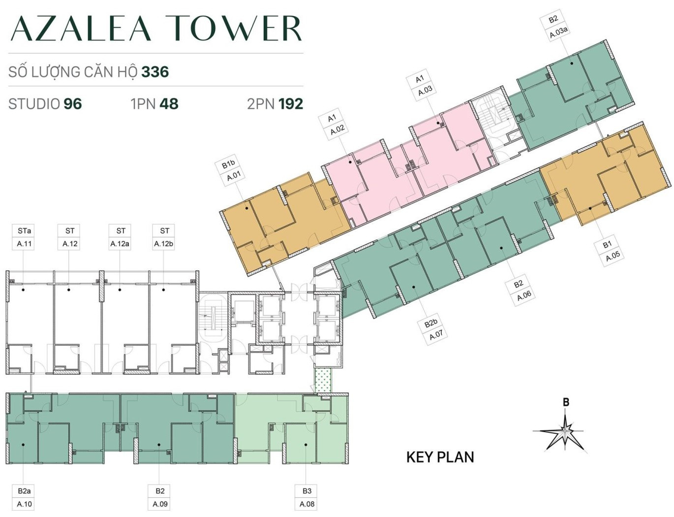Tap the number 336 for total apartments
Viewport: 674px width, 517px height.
coord(155,72)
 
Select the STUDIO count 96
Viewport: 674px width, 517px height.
coord(73,104)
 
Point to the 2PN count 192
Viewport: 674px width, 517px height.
coord(291,104)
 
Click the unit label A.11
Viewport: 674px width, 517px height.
coord(24,244)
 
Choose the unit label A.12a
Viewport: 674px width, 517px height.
coord(120,244)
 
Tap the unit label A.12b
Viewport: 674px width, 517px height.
coord(163,244)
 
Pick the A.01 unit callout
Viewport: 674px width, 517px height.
coord(234,177)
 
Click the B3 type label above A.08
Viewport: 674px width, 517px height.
coord(307,491)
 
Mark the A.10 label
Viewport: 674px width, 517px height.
coord(24,504)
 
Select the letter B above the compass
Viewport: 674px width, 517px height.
coord(566,402)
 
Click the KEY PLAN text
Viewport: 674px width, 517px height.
coord(440,457)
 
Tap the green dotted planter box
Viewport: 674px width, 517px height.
coord(323,381)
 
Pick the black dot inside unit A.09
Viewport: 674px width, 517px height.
coord(159,445)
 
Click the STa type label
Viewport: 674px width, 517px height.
coord(24,231)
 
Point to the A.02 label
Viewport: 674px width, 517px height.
coord(337,129)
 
